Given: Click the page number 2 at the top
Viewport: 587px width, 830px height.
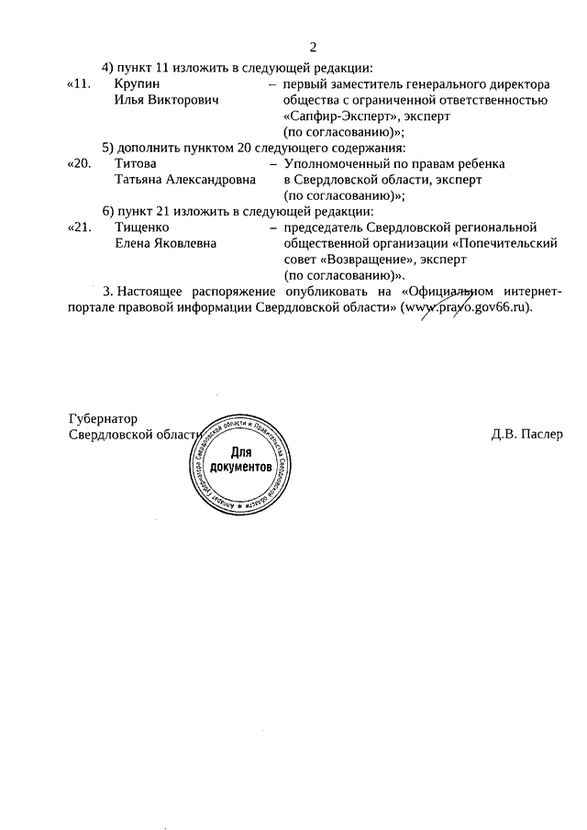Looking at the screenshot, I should point(313,48).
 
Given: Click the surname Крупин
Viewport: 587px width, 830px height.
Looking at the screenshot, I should point(136,84).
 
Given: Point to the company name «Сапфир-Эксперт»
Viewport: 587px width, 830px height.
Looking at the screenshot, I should point(336,116).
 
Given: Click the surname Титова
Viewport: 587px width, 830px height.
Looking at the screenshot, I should point(135,163).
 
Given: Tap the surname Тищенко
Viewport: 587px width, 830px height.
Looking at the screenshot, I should point(141,227).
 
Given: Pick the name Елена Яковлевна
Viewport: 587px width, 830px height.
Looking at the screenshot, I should point(165,243).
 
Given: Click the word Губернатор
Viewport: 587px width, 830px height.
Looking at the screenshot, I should point(102,419).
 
